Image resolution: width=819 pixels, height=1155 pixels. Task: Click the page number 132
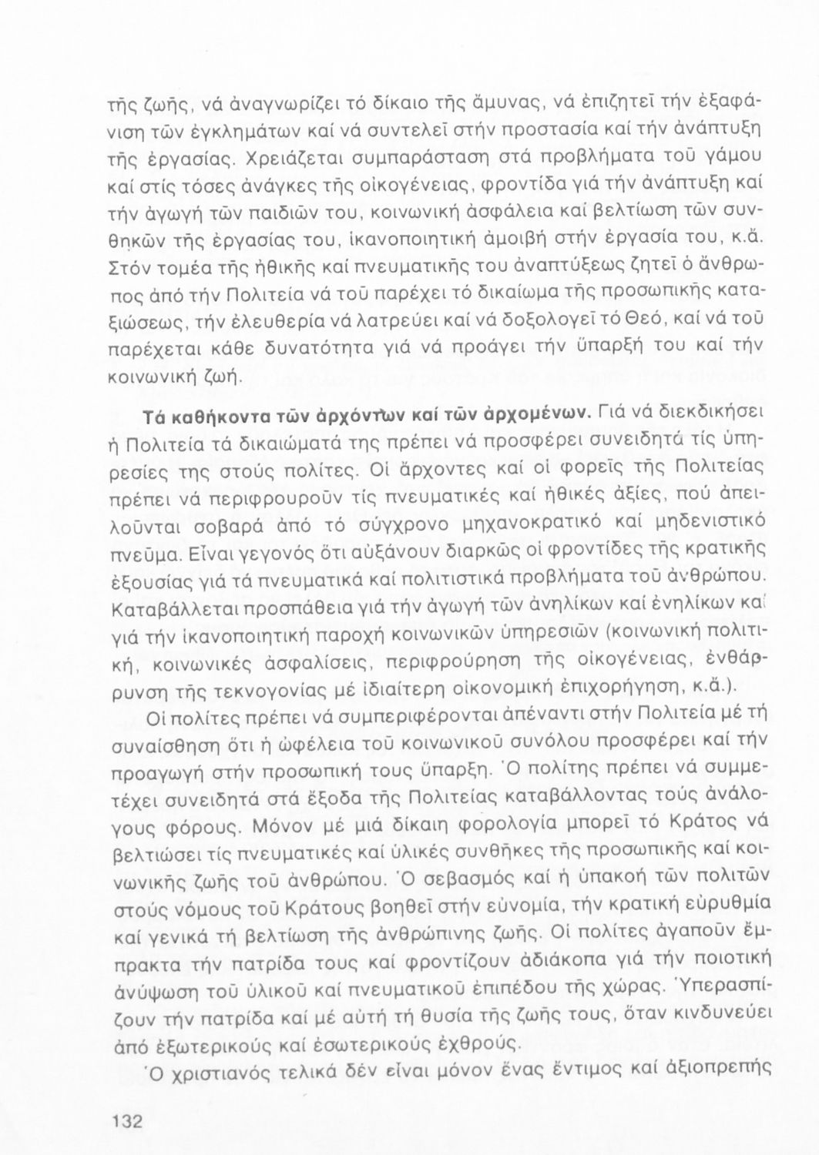126,1122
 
